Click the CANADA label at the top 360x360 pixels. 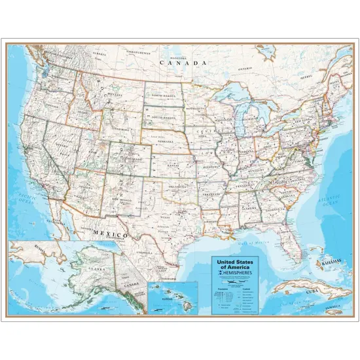(x=183, y=63)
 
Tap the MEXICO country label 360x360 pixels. (x=106, y=233)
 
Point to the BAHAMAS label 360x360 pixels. (x=333, y=262)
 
